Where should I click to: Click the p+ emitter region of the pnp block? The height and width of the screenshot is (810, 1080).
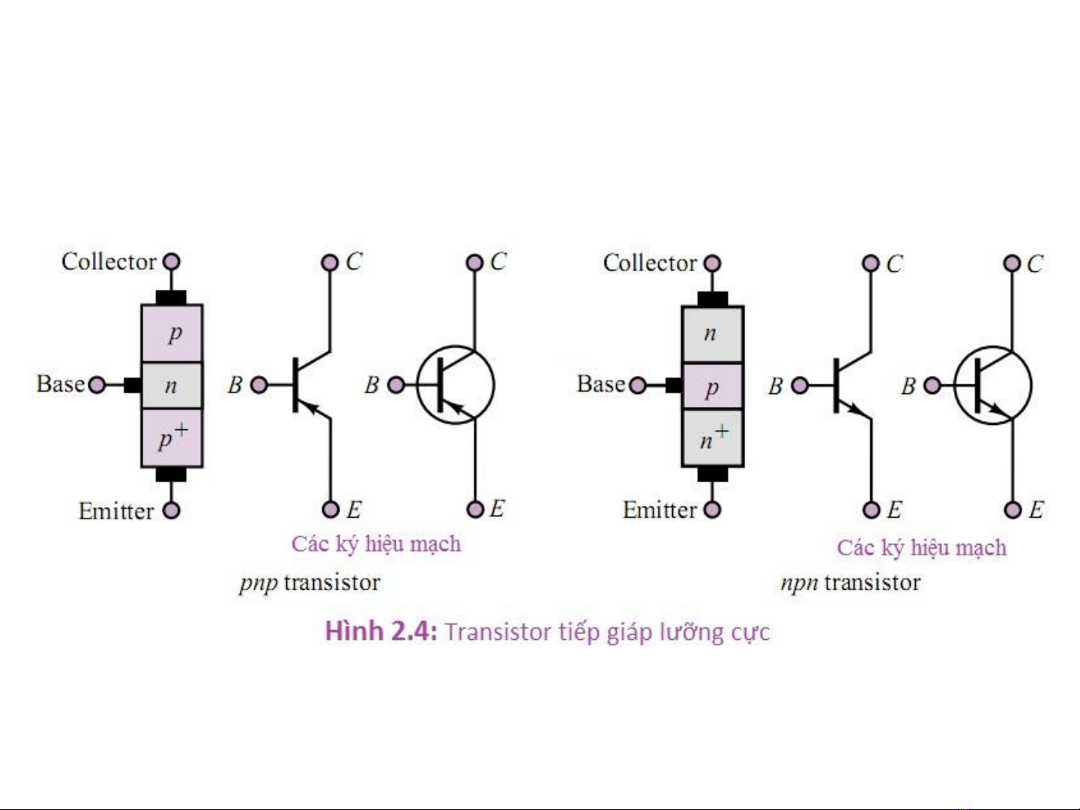172,438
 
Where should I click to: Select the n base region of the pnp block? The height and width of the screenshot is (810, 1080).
172,385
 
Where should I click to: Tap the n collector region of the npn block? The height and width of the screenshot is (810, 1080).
712,334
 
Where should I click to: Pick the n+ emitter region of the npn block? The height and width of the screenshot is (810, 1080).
712,437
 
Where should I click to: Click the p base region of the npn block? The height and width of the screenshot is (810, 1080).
712,387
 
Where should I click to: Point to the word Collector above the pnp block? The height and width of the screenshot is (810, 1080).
109,262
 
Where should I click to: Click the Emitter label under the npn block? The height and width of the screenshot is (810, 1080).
660,510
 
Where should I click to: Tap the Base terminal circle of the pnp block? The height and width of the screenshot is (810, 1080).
97,385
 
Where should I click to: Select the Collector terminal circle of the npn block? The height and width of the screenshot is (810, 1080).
712,264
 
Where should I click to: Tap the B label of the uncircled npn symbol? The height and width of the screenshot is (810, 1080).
776,386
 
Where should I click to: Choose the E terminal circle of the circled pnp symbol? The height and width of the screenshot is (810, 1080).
474,510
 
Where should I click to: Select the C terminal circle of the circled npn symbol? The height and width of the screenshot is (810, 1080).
1012,264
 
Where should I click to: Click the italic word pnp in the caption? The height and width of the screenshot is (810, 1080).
259,583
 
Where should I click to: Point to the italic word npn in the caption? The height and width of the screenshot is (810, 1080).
799,583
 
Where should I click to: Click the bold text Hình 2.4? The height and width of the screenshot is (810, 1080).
380,631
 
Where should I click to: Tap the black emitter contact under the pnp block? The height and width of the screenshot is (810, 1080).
172,474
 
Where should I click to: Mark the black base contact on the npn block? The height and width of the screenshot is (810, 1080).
673,385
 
